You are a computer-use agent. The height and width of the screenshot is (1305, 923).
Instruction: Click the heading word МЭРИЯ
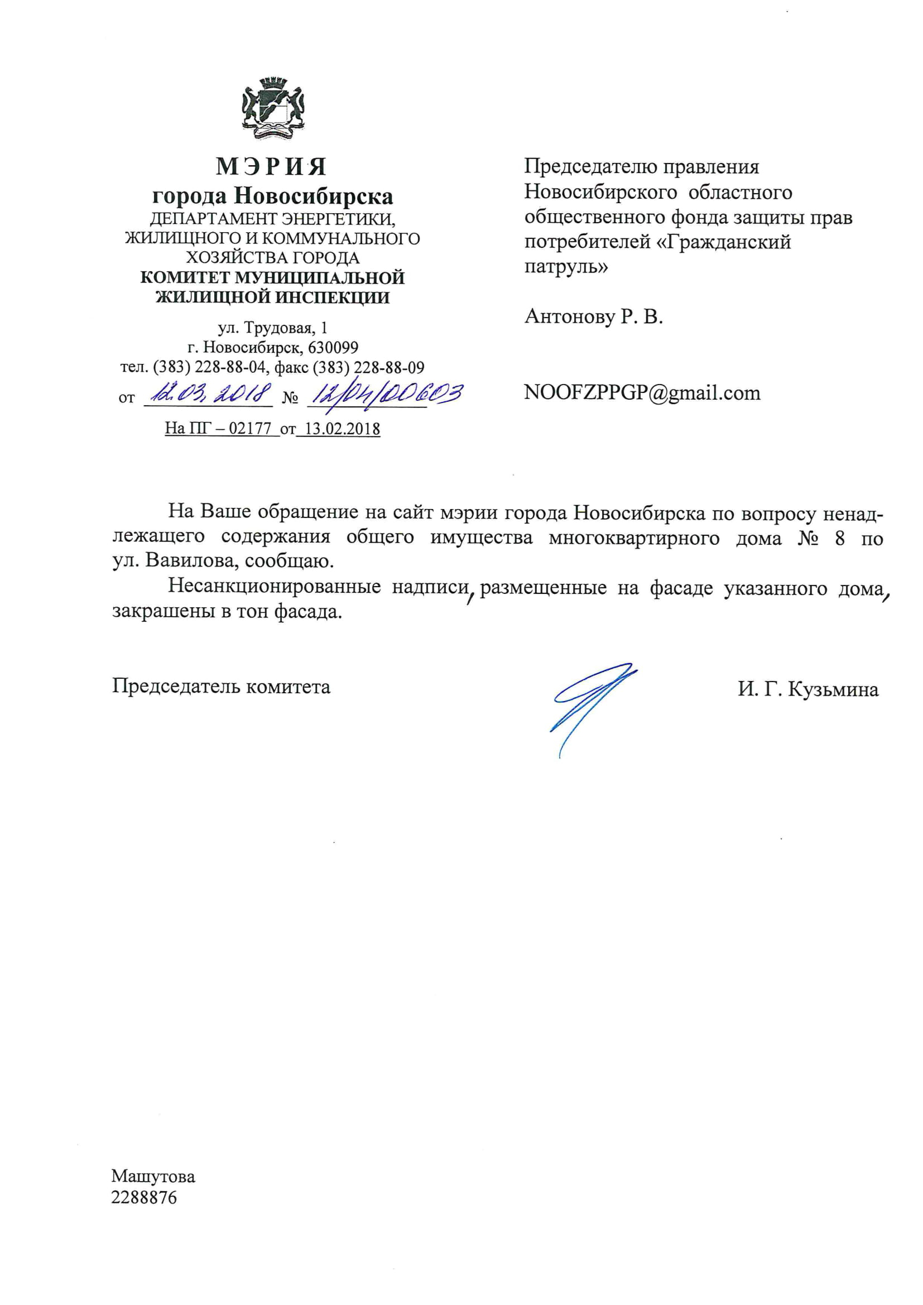click(272, 166)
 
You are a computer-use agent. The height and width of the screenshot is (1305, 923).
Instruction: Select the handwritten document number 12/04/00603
click(384, 394)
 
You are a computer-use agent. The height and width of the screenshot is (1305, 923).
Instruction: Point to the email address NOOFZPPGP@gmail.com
click(642, 393)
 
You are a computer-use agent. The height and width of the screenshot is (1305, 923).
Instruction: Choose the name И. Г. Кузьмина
click(807, 689)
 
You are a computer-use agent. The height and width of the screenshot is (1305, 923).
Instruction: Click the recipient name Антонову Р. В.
click(593, 316)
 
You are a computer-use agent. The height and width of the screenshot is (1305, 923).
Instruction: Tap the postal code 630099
click(333, 347)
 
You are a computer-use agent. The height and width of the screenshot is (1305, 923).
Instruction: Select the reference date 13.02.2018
click(342, 429)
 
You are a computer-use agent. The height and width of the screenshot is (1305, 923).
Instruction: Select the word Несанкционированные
click(275, 587)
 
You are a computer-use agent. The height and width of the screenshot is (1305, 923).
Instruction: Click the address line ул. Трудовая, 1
click(273, 328)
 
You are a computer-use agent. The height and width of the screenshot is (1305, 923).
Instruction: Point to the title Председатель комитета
click(221, 687)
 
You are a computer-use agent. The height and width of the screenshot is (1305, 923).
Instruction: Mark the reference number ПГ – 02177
click(227, 429)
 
